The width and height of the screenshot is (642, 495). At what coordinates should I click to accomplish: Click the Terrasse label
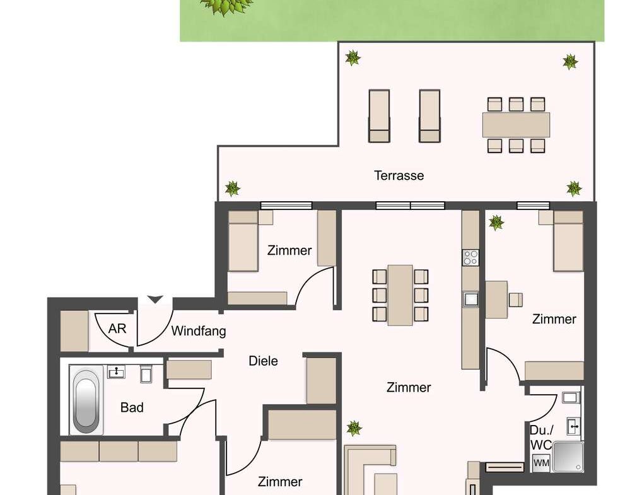399,176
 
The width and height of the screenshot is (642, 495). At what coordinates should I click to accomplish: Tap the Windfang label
199,331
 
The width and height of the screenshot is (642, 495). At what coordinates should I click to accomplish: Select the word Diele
263,361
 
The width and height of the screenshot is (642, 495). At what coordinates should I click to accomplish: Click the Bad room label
132,407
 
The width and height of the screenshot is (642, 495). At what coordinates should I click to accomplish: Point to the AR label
117,329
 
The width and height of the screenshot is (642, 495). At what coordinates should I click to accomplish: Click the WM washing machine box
541,463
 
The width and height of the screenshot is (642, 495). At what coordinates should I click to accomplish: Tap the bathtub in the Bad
86,400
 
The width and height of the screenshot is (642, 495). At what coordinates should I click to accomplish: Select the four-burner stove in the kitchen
470,257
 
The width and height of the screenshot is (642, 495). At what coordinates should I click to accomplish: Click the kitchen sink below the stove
471,299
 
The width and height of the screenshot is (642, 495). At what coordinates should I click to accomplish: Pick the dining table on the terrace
516,125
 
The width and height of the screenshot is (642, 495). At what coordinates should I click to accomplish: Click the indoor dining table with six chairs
400,295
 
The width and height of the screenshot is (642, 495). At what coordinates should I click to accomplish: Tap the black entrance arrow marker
155,300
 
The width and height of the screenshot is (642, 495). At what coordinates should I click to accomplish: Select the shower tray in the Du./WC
568,457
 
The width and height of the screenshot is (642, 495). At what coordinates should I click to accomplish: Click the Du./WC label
541,437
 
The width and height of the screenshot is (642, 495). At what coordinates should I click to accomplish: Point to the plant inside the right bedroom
496,223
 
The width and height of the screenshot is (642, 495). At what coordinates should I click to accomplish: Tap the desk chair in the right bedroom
516,300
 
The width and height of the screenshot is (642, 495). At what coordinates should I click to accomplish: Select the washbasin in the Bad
117,372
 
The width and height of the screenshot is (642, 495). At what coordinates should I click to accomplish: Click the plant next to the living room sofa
354,428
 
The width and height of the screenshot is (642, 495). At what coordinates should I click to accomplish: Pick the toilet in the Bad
146,374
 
